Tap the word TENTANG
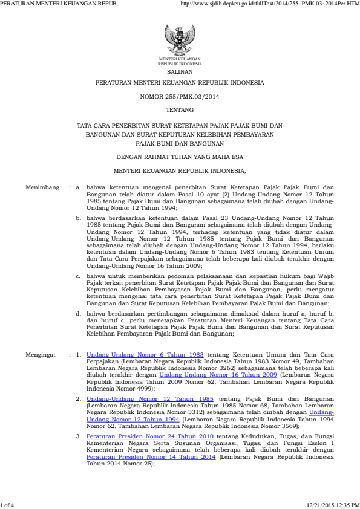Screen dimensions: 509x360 point(180,110)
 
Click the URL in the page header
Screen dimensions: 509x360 point(270,4)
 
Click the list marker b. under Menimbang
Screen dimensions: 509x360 point(78,216)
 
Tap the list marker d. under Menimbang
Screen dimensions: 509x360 point(78,314)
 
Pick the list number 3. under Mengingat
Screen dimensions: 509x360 point(78,435)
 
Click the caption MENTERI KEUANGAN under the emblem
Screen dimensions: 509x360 point(180,59)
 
